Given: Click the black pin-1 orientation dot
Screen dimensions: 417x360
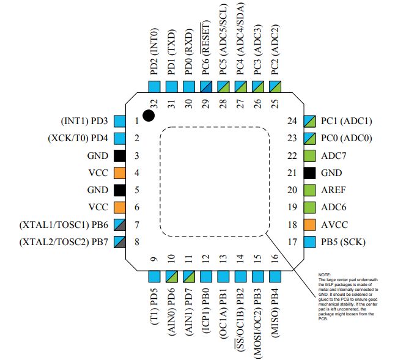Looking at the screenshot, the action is (149, 116).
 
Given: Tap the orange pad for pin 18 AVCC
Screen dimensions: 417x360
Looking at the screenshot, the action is (309, 225).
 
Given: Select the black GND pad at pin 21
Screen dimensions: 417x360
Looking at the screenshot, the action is (309, 173).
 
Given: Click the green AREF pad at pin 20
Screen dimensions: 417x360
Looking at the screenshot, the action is (309, 190).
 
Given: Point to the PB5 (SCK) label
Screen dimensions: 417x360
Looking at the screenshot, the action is (343, 242).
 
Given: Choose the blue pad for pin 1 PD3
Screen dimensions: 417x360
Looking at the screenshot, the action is (120, 121).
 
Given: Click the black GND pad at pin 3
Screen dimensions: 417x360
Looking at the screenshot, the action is (120, 156).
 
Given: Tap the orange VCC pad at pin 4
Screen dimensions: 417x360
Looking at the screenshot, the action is (120, 173).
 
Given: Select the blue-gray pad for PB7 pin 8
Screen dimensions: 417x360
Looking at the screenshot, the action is (120, 242).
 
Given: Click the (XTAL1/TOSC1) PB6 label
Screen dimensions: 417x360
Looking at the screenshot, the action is (64, 225).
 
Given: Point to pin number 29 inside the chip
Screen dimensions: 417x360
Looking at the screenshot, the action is (205, 104).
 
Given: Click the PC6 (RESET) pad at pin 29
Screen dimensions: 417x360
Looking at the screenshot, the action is (206, 87).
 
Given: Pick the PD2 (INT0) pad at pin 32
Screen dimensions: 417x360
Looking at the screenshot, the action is (154, 87).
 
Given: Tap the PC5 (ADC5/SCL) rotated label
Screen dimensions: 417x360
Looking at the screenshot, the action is (223, 40).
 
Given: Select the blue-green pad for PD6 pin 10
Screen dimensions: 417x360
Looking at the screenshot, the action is (171, 276).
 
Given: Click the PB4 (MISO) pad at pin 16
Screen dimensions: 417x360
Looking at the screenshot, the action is (275, 276).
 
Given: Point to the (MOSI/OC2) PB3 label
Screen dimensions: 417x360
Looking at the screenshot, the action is (257, 323).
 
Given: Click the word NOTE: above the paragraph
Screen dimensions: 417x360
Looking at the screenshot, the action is (325, 274).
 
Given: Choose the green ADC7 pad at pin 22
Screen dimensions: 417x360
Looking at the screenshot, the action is (309, 156).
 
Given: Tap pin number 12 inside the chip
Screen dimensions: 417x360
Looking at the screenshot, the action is (205, 258).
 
